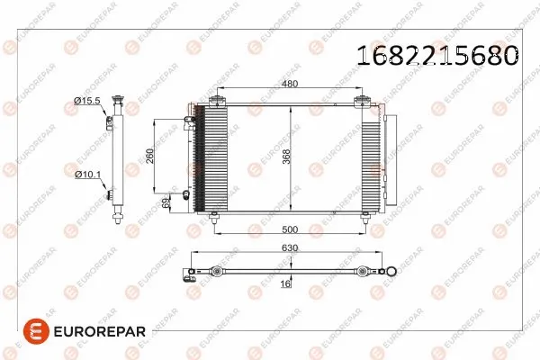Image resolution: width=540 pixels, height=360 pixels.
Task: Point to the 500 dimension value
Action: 290,228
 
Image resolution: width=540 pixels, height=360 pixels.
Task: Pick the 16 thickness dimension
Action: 285,283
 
